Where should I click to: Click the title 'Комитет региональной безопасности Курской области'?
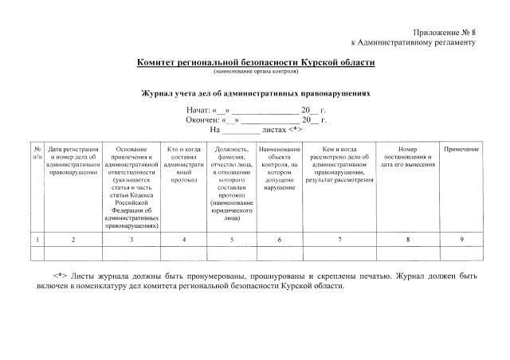[x=255, y=61]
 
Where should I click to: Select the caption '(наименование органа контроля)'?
[x=255, y=71]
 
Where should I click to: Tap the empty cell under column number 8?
[x=408, y=254]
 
